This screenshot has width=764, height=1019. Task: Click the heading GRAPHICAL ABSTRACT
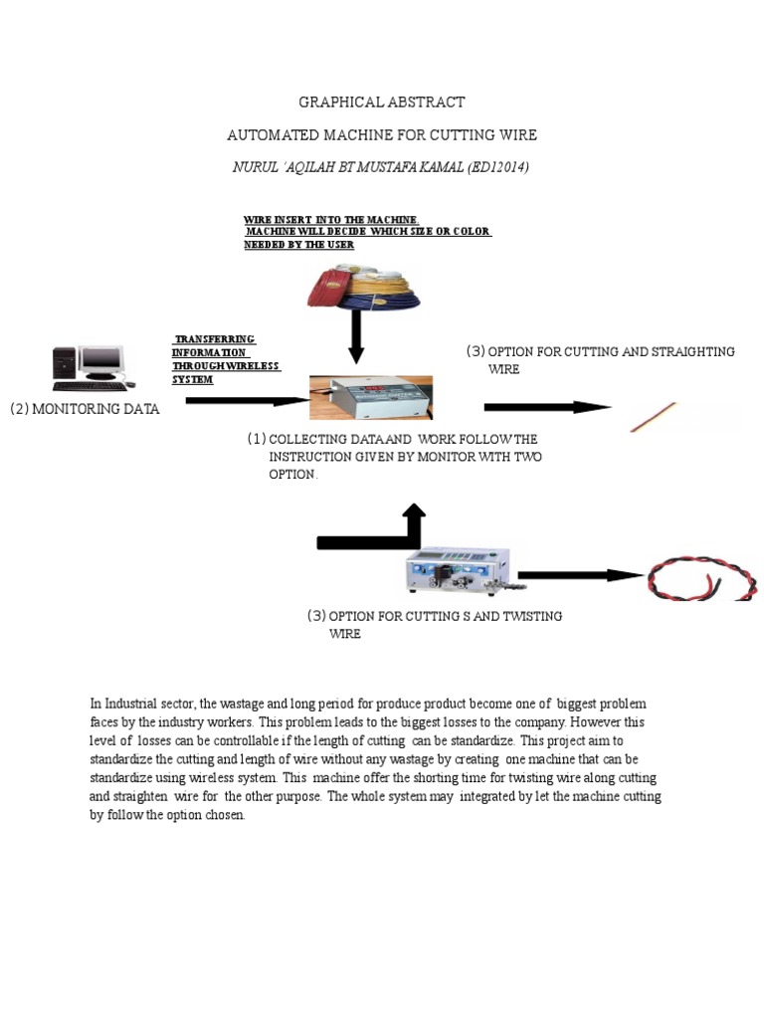tap(382, 102)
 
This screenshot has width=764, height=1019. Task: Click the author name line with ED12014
tap(382, 167)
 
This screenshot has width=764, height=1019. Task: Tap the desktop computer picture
tap(90, 368)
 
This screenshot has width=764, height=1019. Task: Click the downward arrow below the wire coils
tap(356, 339)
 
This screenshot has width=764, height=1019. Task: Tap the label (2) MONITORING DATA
tap(85, 409)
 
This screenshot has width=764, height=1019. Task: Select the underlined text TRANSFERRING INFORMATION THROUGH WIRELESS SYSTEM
tap(225, 359)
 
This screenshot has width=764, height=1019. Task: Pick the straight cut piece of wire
tap(654, 417)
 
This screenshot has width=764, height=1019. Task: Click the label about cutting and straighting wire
tap(600, 360)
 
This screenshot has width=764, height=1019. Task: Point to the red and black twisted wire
tap(703, 578)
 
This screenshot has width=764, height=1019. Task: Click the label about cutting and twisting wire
tap(435, 625)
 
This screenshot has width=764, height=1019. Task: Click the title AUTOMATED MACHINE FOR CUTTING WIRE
tap(382, 134)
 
